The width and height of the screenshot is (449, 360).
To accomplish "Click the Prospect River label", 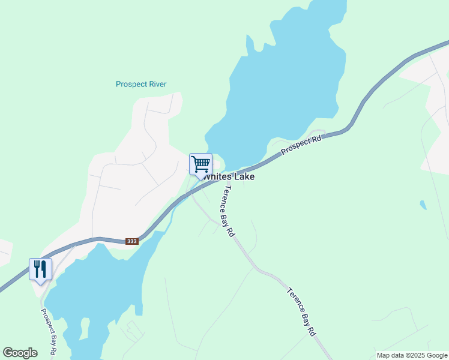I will click(x=141, y=85).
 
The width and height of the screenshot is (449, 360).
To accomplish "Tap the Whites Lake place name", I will click(x=229, y=177).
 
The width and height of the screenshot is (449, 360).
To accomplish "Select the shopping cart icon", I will click(x=200, y=163).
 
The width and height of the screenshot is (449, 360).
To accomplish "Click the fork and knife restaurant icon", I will click(x=40, y=268).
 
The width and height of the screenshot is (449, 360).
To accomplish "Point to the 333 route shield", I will click(x=132, y=241).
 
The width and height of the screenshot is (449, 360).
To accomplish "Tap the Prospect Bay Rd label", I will click(x=49, y=329).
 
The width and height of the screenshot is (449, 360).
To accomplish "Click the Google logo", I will click(x=20, y=353).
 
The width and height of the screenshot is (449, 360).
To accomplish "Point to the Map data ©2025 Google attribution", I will click(x=412, y=355).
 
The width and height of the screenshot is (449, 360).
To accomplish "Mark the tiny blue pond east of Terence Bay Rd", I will click(x=424, y=205).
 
